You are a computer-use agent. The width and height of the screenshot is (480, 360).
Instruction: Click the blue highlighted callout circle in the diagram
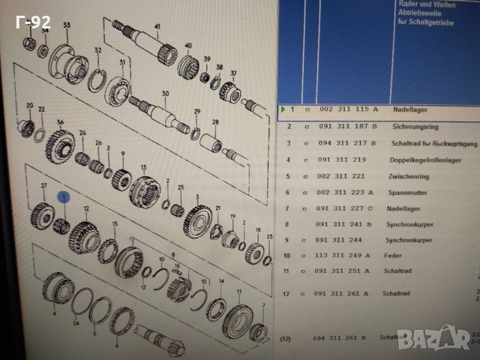tap(64, 197)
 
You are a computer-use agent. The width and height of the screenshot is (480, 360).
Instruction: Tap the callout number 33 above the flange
tap(67, 26)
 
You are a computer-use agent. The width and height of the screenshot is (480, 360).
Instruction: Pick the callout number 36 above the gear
tap(61, 124)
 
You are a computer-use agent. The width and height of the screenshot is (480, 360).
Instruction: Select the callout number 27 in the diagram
tap(43, 185)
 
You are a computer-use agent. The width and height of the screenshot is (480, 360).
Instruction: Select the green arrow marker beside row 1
tap(283, 109)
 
